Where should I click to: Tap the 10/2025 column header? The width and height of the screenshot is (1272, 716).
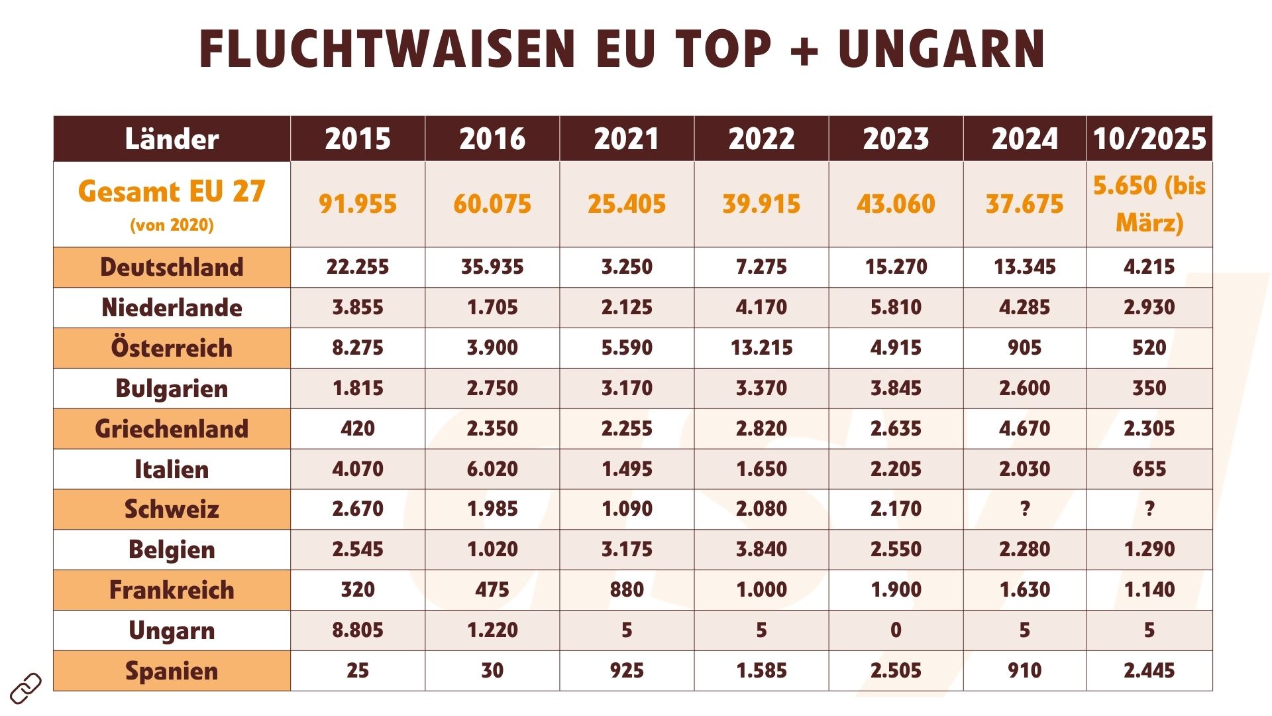coord(1149,139)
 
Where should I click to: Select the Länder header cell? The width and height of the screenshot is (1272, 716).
coord(172,139)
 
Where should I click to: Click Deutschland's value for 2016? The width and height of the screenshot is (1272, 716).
coord(492,267)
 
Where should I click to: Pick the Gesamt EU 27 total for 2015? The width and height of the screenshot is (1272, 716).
coord(358,204)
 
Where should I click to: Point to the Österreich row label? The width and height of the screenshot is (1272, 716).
coord(172,348)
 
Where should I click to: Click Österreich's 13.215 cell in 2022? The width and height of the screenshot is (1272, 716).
coord(761,348)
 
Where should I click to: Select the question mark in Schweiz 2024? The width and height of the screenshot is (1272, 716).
coord(1024,509)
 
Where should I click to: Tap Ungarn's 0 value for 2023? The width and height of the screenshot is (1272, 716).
coord(896,630)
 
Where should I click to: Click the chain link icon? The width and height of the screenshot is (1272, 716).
coord(26,688)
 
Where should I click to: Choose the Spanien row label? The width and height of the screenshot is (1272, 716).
coord(172,671)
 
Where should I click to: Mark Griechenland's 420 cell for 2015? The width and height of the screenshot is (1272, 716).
coord(358,429)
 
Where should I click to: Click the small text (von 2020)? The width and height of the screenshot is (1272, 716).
coord(172,225)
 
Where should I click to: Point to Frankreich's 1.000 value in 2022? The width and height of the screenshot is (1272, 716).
coord(761,590)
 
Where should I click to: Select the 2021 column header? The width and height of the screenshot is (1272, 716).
coord(627,139)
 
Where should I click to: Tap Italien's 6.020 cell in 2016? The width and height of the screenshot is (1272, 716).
coord(492,469)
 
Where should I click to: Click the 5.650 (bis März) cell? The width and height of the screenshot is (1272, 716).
coord(1149,204)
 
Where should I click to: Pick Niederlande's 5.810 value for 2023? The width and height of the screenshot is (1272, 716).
coord(896,308)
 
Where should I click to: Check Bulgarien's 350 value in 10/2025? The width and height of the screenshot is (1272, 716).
coord(1149,388)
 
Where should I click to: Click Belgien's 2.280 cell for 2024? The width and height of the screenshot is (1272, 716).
coord(1024,550)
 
